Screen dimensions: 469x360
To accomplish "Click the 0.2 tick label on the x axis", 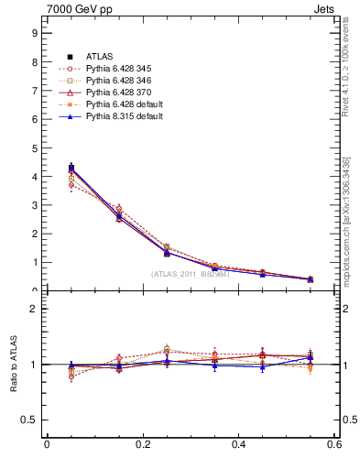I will coord(142,444).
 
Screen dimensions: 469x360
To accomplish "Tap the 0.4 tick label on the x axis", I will coord(238,444).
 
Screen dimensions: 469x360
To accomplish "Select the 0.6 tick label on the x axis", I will coord(334,444).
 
